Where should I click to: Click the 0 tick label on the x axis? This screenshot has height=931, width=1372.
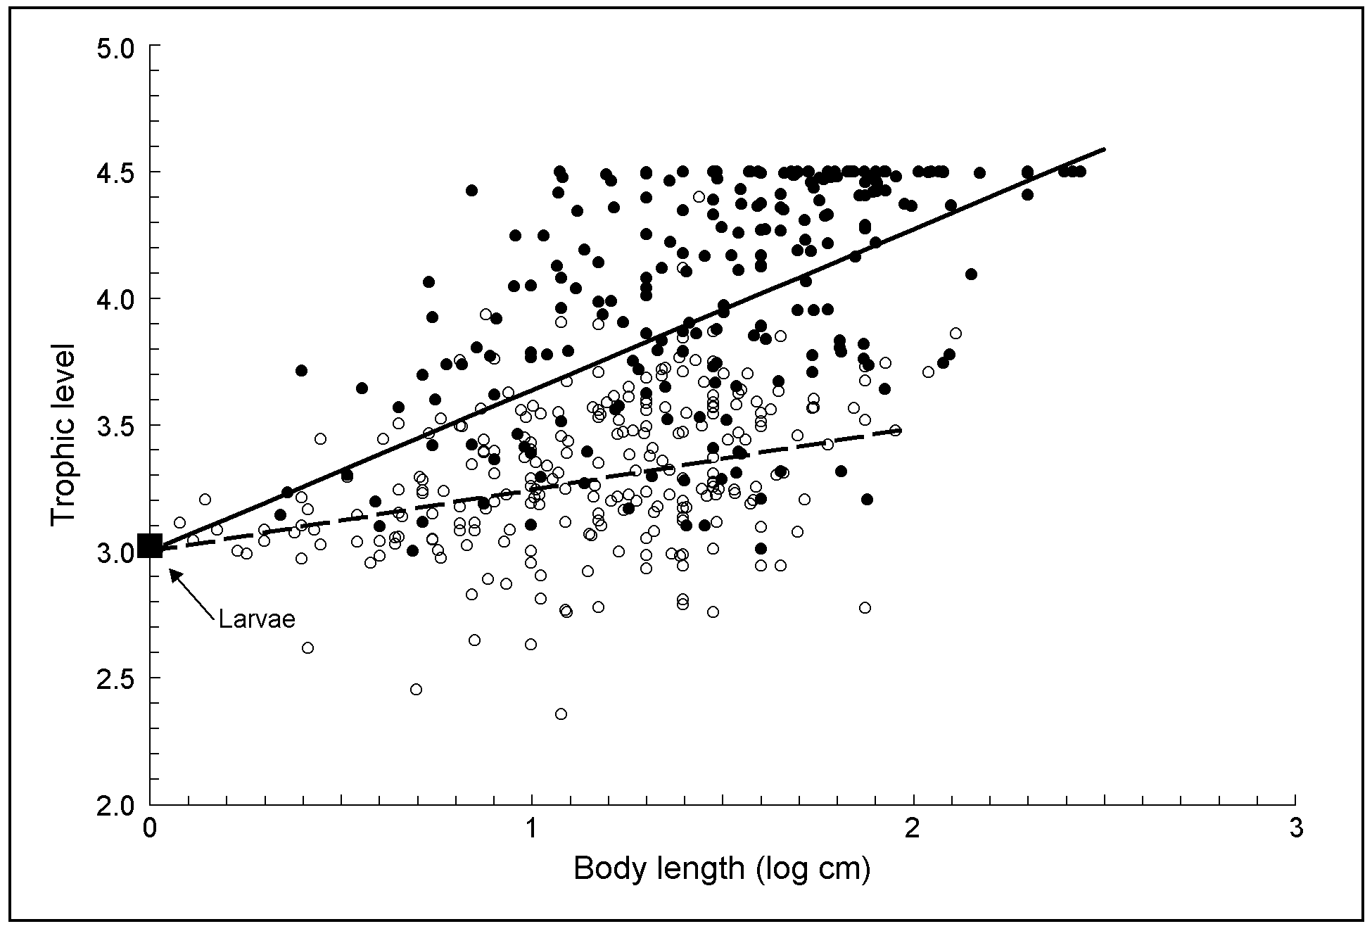[x=150, y=828]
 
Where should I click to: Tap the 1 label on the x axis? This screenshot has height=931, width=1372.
[x=531, y=828]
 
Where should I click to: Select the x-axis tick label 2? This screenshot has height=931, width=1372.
[x=913, y=828]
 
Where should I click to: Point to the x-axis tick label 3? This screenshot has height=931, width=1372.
[x=1295, y=828]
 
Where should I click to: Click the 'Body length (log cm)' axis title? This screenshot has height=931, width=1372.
[x=722, y=869]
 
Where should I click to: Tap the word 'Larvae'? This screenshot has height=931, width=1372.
[x=256, y=619]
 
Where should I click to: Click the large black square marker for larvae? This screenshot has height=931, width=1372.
[x=150, y=545]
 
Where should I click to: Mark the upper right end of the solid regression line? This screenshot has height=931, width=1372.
[x=1105, y=149]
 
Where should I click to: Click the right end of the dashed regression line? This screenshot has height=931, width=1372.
[x=901, y=429]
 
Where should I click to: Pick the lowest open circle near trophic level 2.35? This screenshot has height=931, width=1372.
[x=561, y=714]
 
